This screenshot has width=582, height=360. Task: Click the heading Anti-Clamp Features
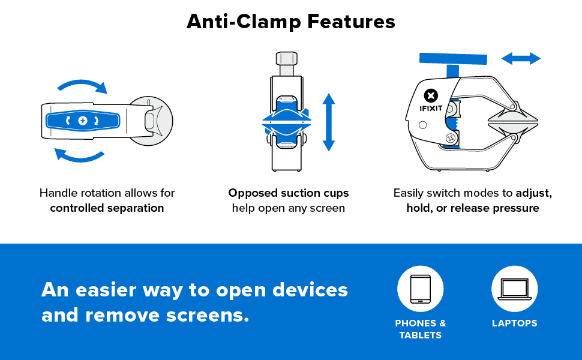pos(291,22)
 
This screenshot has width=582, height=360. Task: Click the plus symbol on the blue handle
pos(83,121)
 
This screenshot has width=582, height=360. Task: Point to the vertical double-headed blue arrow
pos(328,122)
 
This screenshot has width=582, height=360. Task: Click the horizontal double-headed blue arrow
pos(521,58)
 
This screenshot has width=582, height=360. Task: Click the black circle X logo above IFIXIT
pos(430,95)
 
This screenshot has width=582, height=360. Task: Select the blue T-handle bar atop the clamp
pos(453,59)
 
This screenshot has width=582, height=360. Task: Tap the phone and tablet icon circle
pos(420,289)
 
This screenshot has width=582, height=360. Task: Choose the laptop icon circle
pos(514,289)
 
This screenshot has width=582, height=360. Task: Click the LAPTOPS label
pos(514,323)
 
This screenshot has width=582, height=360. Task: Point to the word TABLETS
pos(420,335)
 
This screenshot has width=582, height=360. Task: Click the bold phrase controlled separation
pos(107,208)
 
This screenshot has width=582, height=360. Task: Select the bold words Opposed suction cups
pos(288,193)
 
